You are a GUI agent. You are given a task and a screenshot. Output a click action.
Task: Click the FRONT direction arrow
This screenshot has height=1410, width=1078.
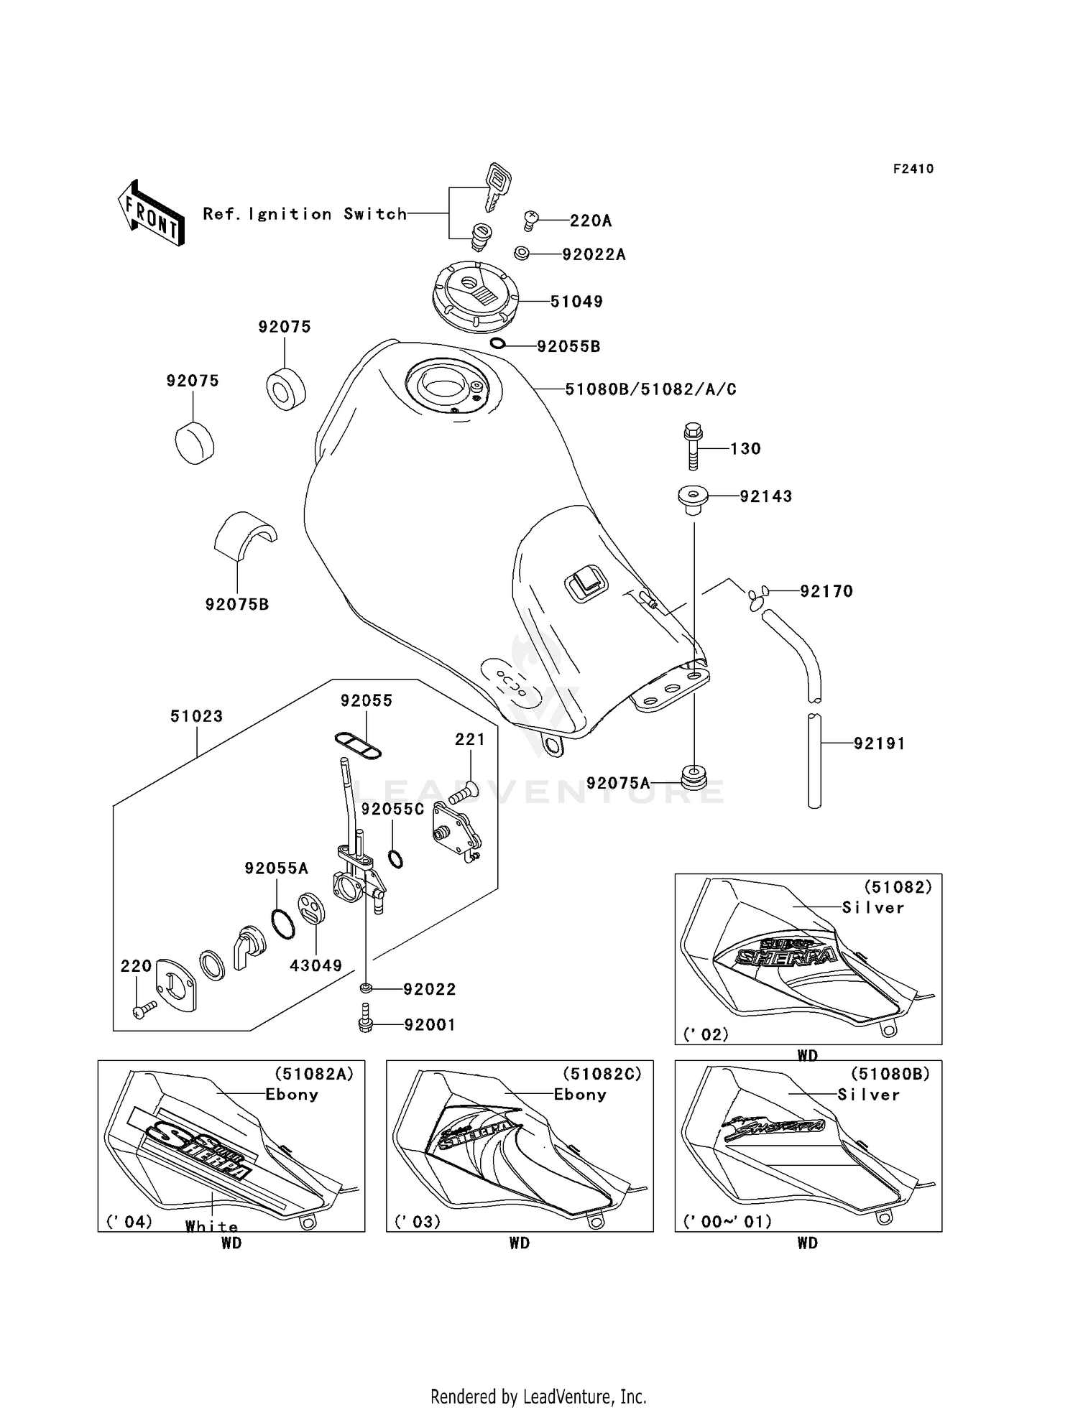[151, 213]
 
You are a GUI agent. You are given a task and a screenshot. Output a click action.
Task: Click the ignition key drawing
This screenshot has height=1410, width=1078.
[497, 185]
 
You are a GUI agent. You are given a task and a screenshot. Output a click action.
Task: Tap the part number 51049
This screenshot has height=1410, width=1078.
[576, 302]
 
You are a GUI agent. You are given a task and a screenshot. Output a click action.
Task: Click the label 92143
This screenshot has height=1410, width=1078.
[766, 496]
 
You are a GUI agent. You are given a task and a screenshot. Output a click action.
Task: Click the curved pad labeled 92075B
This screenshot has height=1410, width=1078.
[245, 534]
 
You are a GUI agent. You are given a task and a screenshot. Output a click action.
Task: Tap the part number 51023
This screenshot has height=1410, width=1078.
[196, 716]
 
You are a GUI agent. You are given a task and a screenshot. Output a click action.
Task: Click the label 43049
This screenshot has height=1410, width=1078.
[316, 966]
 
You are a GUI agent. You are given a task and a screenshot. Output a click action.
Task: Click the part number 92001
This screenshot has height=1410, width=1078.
[430, 1025]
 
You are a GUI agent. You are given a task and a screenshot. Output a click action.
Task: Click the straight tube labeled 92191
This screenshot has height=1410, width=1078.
[814, 761]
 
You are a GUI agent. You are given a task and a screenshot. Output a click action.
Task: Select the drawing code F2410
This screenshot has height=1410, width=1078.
[913, 169]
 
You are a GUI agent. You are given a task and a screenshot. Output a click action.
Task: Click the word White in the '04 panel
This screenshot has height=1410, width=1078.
[211, 1226]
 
